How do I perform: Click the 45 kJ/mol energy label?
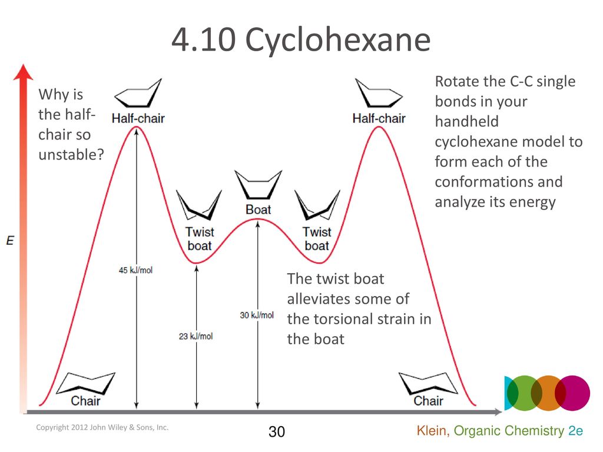(135, 270)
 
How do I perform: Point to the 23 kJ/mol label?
(196, 336)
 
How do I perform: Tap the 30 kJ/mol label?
(257, 315)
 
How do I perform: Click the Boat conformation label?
(258, 210)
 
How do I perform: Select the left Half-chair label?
(138, 118)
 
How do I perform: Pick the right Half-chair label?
(379, 118)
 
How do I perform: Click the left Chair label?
(85, 401)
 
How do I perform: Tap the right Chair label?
(429, 401)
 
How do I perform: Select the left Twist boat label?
(200, 239)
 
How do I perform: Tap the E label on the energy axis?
(10, 241)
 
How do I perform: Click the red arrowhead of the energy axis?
(23, 72)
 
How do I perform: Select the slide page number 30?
(277, 431)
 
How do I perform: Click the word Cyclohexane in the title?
(337, 40)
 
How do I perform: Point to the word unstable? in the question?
(71, 155)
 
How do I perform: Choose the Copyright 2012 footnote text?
(102, 427)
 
